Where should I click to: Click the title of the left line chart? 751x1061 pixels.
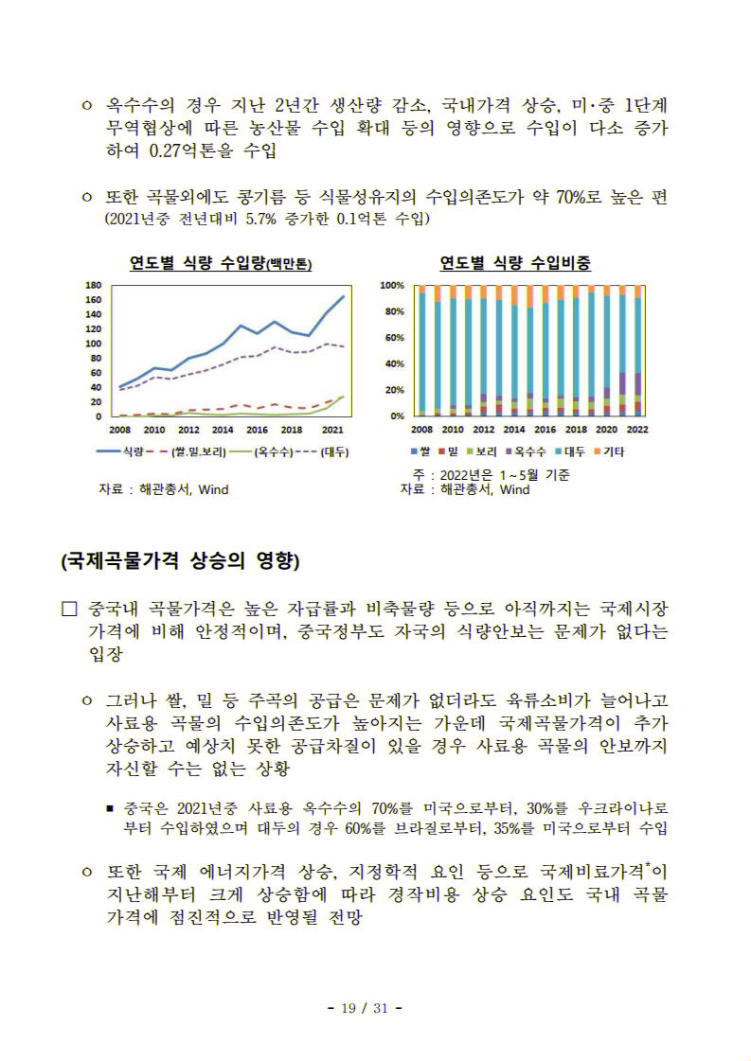pos(221,264)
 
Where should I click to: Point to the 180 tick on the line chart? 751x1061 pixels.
pos(94,285)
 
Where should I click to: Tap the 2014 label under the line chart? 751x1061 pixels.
pos(223,429)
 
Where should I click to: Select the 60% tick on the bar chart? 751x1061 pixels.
pos(392,338)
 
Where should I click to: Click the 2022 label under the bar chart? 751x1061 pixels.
pos(637,429)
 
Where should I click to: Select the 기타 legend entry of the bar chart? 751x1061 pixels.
pos(607,451)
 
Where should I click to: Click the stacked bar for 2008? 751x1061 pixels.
pos(422,350)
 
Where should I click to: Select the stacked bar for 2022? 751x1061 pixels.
pos(637,350)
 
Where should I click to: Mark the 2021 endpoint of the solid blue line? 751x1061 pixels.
pos(343,296)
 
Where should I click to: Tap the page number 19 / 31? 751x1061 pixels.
pos(365,1008)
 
